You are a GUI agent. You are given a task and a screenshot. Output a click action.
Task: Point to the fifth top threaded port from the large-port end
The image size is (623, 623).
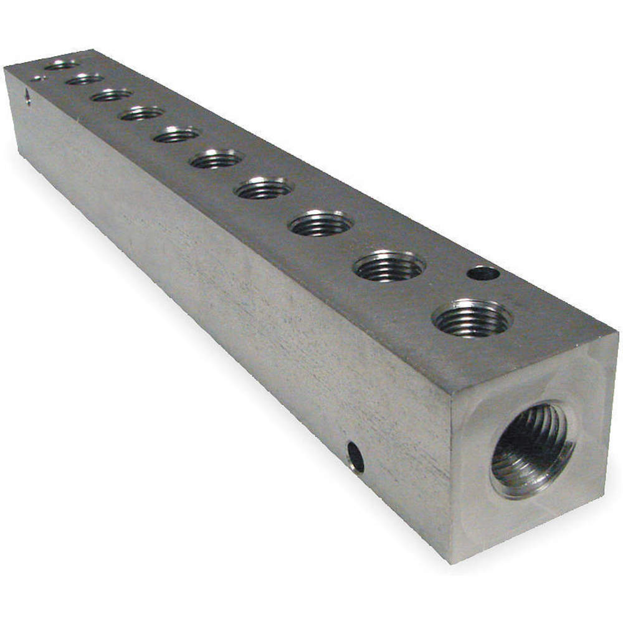(216, 159)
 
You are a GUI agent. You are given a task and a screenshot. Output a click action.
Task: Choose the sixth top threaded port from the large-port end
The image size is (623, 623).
(176, 134)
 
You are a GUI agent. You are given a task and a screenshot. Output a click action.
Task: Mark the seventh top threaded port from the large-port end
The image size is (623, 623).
(141, 113)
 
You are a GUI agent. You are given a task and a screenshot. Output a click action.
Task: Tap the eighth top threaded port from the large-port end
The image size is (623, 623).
(112, 95)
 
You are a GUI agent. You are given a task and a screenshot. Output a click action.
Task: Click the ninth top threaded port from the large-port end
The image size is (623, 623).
(85, 78)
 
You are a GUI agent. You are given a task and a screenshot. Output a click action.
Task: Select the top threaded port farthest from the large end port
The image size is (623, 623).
(62, 64)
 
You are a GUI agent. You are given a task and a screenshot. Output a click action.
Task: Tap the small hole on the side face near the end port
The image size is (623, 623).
(356, 456)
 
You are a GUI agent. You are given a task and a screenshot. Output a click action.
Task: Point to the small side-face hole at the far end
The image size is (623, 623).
(27, 96)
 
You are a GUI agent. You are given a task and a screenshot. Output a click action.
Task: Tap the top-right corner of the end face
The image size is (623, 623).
(617, 333)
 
